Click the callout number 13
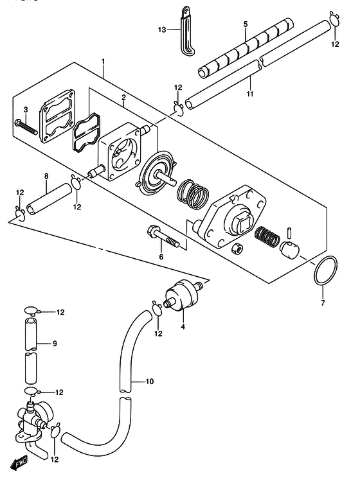162,30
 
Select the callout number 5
246,24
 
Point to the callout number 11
250,93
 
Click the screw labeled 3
26,127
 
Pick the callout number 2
123,98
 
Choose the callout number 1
103,61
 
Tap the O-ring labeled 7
325,270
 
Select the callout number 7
323,303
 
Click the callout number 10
150,382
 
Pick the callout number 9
55,343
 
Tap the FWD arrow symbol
19,464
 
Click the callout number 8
46,176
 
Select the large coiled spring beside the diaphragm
192,195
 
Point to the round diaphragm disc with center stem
156,175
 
